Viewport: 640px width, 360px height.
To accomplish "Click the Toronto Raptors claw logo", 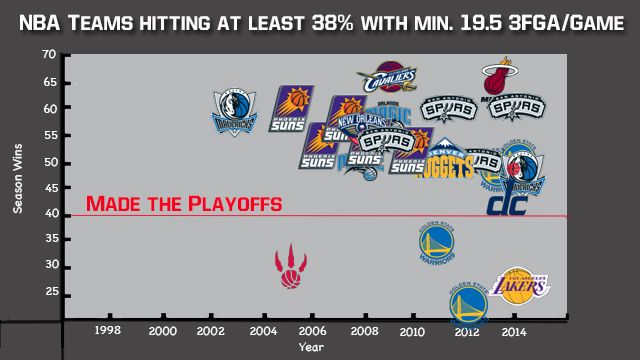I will tap(289, 266).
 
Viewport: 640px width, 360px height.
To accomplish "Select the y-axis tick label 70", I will tap(49, 54).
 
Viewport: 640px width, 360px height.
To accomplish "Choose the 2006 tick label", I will tap(311, 331).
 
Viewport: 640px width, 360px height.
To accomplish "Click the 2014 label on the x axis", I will tap(514, 331).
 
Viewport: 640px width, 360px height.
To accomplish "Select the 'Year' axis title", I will tap(311, 347).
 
